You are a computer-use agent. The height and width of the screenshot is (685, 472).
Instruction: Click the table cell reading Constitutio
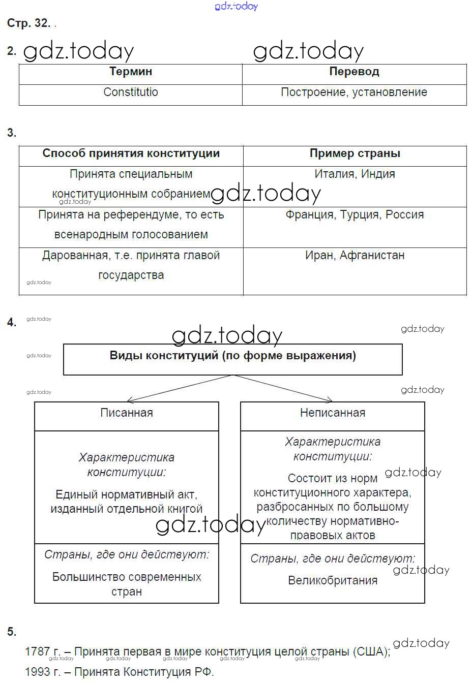(131, 92)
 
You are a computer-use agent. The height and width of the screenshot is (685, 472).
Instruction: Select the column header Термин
(131, 72)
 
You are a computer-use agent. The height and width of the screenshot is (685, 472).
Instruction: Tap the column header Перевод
(354, 72)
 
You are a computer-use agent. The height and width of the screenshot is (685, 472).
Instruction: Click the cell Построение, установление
(354, 92)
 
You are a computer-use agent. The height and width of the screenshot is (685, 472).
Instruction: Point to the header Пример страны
(355, 153)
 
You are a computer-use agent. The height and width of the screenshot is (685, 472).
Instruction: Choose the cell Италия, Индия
(355, 174)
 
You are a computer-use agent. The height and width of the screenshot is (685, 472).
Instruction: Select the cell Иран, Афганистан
(355, 256)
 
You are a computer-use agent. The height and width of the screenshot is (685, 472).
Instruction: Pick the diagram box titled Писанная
(127, 413)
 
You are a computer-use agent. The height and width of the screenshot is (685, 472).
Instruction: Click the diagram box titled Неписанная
(333, 413)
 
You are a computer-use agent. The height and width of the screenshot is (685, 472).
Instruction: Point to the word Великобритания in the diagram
(333, 581)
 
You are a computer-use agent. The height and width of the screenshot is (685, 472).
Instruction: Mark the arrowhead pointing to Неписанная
(330, 400)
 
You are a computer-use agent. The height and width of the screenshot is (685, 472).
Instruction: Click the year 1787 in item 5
(38, 651)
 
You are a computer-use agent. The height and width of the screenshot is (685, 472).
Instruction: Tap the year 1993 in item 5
(38, 672)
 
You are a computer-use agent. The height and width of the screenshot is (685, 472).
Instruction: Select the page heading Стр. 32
(28, 23)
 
